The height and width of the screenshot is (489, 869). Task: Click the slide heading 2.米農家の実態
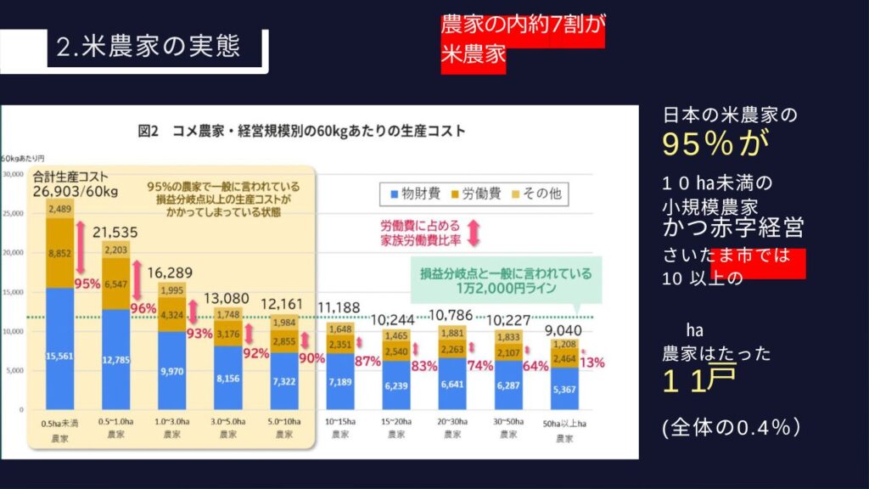pos(149,46)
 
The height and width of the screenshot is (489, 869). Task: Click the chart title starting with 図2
pos(302,132)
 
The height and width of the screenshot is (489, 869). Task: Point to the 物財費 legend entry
pos(416,194)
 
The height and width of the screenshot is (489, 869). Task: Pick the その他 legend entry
pos(540,194)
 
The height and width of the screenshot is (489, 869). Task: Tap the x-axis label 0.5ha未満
pos(60,421)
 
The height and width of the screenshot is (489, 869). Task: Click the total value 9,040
pos(564,331)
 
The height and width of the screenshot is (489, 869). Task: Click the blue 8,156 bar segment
pos(227,378)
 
